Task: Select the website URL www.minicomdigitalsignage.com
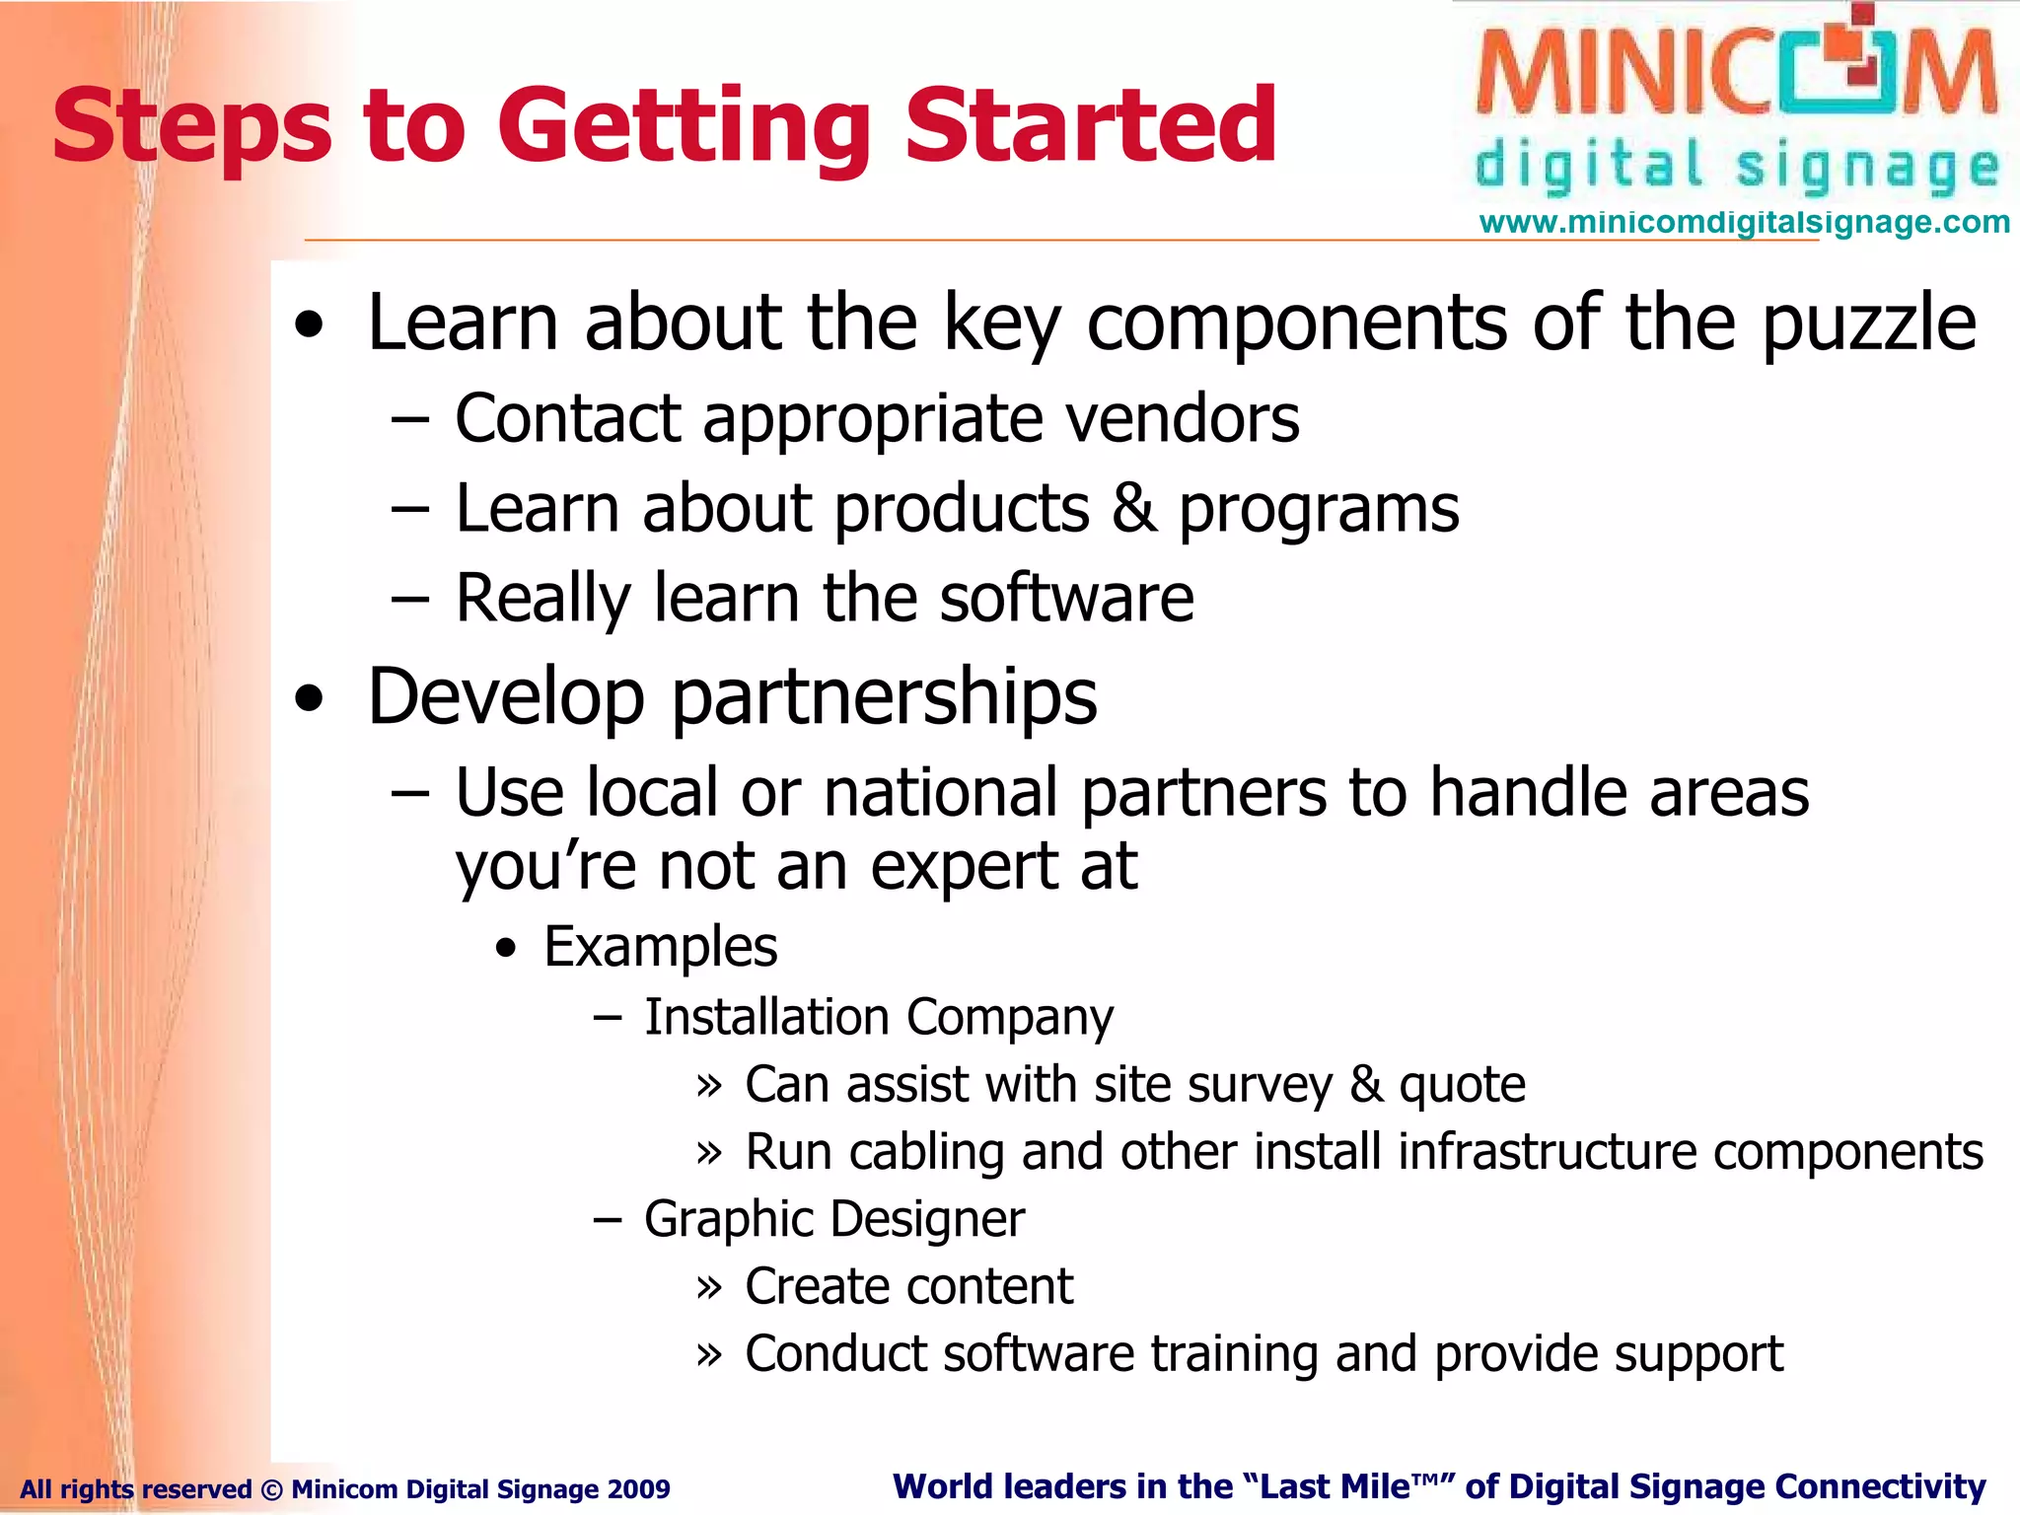(1744, 222)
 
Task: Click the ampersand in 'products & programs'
(1134, 509)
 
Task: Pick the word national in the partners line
(940, 792)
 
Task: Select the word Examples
(660, 947)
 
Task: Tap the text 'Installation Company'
(878, 1017)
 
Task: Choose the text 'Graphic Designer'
(833, 1219)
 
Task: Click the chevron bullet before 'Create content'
(709, 1287)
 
